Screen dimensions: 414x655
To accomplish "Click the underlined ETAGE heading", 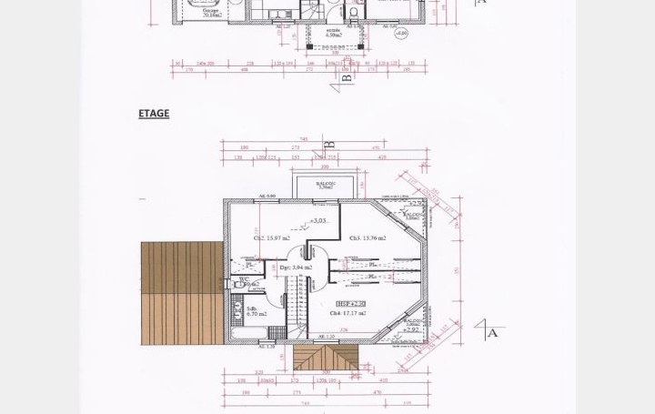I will pos(154,114).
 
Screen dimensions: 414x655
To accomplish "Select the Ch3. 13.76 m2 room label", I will pos(367,238).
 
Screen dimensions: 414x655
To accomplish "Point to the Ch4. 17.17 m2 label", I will pos(348,313).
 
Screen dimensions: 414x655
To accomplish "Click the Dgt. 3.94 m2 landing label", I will pos(297,268).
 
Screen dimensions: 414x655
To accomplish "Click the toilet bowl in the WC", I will pos(239,284).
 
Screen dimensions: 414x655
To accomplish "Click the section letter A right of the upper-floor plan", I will pos(493,333).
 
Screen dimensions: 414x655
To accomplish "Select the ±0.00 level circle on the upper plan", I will pos(401,31).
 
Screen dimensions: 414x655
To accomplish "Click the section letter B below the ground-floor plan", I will pos(347,81).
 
